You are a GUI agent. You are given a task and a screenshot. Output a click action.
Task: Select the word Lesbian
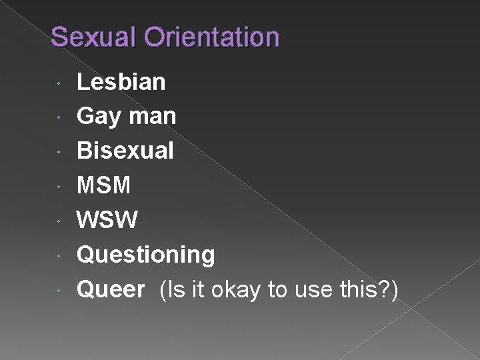[x=121, y=82]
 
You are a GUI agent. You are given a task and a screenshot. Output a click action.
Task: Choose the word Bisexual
[x=125, y=151]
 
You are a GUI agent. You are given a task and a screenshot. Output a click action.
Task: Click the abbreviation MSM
[x=104, y=185]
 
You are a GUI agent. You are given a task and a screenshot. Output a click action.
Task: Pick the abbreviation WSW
[x=107, y=220]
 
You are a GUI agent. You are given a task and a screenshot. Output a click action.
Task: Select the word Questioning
[x=146, y=255]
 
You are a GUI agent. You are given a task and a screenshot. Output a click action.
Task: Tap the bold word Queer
[x=111, y=289]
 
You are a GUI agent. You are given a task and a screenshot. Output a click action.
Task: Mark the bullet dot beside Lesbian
[x=60, y=83]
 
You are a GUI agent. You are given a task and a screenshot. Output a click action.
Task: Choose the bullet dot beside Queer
[x=60, y=291]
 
